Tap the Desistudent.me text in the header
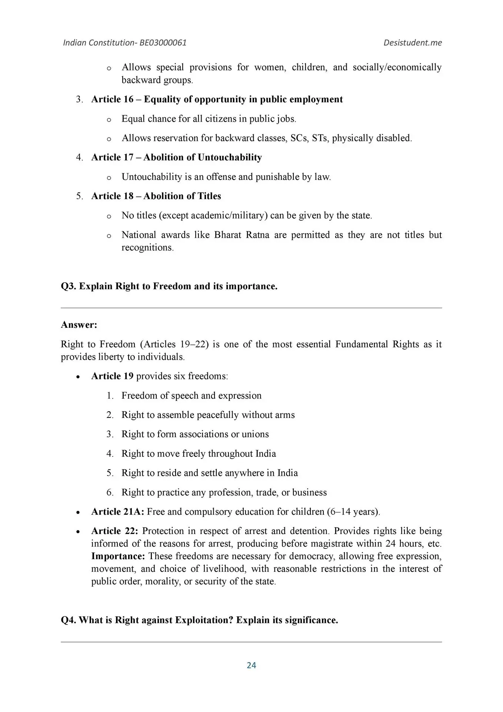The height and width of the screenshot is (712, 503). pos(413,43)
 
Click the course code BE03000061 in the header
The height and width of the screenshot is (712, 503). pos(163,43)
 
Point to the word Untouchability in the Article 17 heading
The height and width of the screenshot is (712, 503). pos(230,157)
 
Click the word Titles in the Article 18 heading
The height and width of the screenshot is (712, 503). pos(208,196)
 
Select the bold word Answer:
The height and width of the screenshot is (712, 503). pos(79,325)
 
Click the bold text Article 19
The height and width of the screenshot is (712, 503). pos(112,376)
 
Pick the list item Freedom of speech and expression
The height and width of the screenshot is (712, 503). pos(191,395)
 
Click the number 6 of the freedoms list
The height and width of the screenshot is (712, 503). pos(110,492)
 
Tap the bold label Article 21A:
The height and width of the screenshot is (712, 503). pos(118,512)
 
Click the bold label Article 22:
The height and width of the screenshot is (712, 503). pos(114,531)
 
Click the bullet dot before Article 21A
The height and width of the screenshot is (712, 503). pos(77,512)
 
